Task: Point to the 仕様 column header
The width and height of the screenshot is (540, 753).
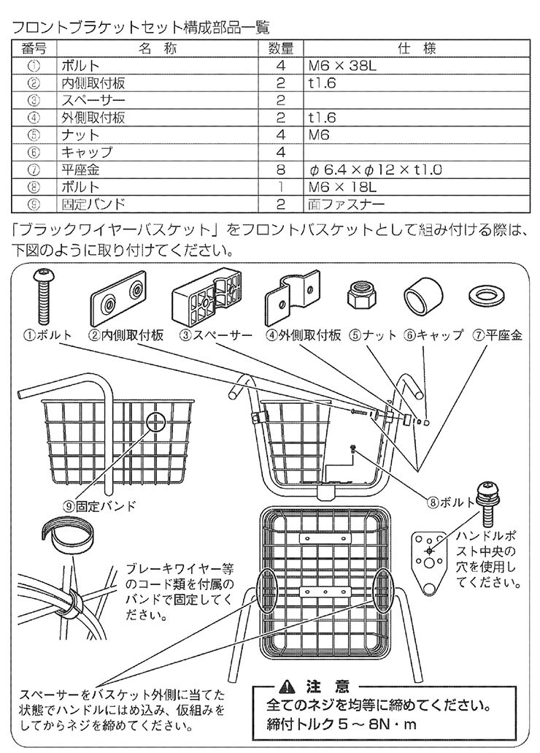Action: pyautogui.click(x=416, y=49)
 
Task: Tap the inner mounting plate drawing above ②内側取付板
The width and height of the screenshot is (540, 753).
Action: pyautogui.click(x=119, y=299)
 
